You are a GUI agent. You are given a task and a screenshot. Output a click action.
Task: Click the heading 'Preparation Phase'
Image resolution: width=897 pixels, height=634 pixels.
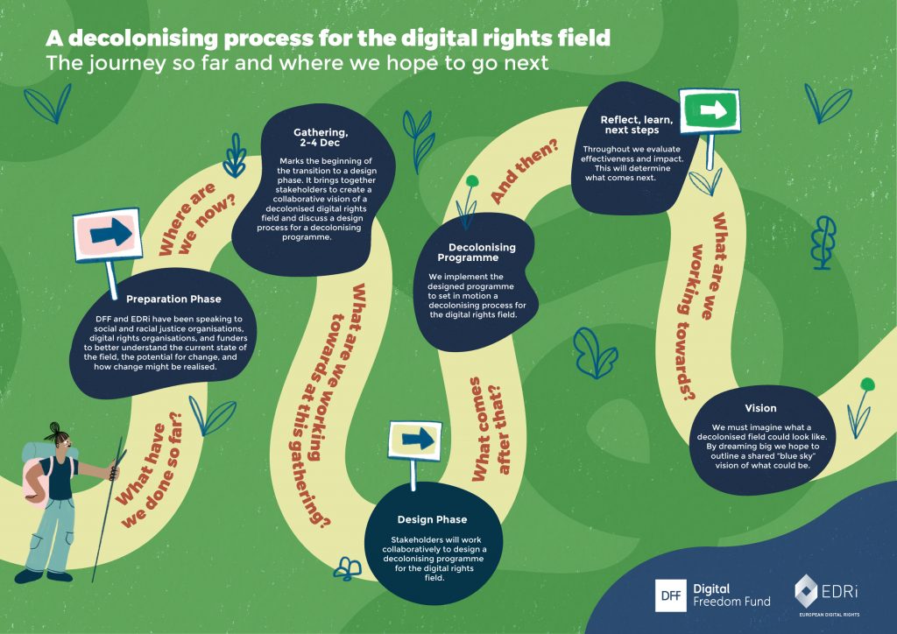pos(173,299)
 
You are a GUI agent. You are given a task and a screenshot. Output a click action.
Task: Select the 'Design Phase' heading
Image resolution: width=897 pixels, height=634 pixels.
pos(432,519)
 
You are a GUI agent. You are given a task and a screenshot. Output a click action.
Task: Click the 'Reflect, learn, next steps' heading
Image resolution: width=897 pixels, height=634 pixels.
pos(637,124)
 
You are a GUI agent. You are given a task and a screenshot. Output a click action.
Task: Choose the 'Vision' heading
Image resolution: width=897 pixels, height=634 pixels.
pos(760,408)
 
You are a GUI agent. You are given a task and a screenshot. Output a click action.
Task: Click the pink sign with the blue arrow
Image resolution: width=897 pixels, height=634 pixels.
pos(106,232)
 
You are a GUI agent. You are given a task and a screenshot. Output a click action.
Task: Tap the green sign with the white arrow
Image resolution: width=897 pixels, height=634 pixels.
pos(710,111)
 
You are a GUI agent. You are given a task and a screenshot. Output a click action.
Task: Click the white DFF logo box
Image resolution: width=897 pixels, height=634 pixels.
pos(672,595)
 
